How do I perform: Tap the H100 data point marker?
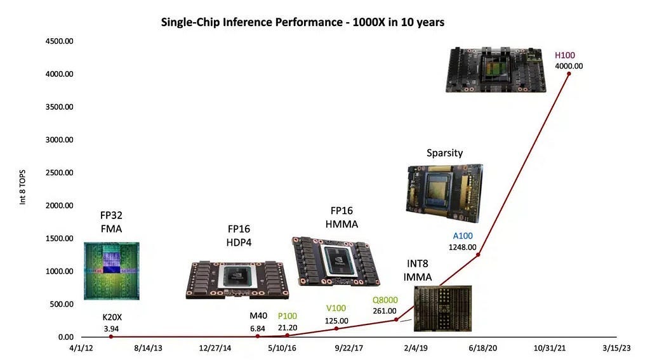(x=569, y=74)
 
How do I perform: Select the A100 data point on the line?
(x=478, y=255)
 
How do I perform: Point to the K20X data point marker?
(x=111, y=337)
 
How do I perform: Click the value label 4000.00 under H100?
(x=569, y=65)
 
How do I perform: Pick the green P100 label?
(x=288, y=316)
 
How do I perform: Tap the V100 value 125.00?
(x=336, y=321)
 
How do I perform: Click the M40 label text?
(x=258, y=316)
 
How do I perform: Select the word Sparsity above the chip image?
(x=444, y=153)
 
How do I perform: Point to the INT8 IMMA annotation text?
(x=418, y=271)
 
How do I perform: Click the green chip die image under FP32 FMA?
(x=112, y=270)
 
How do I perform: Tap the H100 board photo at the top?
(x=496, y=70)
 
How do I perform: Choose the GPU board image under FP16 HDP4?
(x=237, y=279)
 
